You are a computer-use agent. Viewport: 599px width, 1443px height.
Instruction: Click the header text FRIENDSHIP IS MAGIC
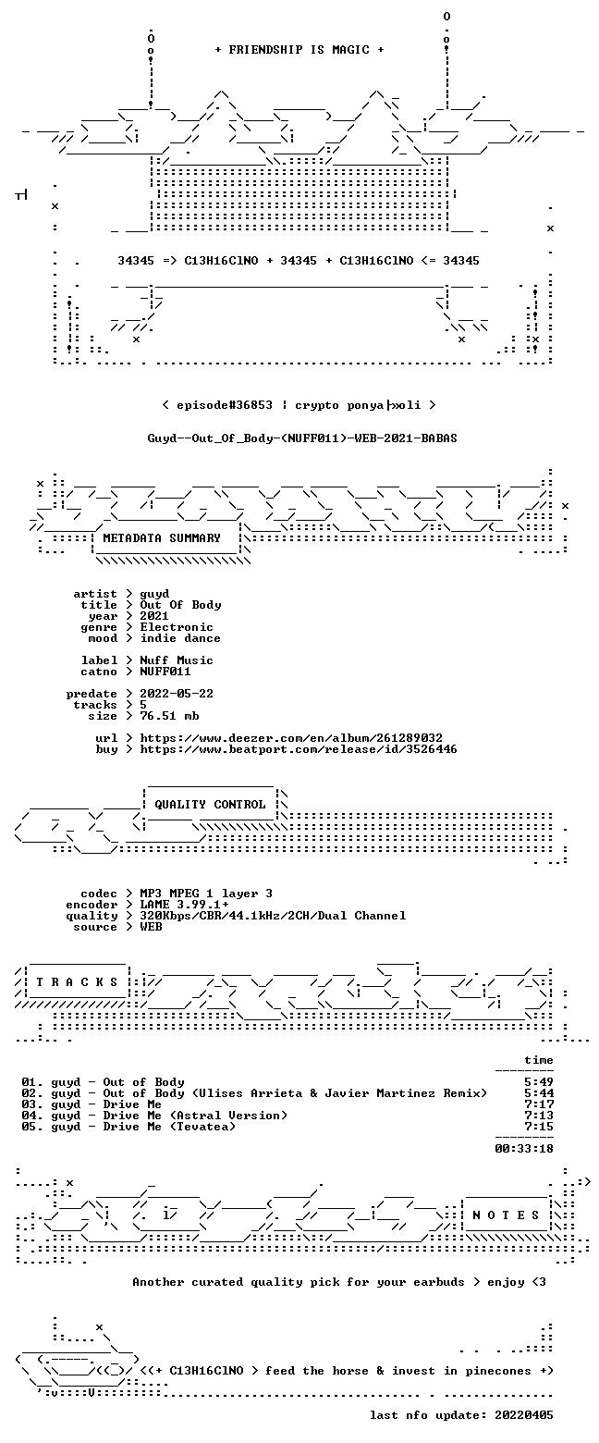[299, 50]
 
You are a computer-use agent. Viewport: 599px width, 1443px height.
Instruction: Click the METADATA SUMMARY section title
[162, 538]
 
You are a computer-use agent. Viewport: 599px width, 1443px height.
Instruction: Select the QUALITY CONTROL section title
[210, 805]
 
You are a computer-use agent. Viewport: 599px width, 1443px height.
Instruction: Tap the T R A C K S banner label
[78, 982]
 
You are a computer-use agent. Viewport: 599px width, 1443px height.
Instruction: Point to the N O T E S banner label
[506, 1215]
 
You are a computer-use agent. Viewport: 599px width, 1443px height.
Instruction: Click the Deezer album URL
[291, 738]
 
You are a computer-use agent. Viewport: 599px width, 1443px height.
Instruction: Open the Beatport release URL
[299, 749]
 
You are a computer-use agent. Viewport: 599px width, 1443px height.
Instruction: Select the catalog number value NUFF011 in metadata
[165, 672]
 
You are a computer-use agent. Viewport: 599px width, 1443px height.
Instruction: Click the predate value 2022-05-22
[177, 694]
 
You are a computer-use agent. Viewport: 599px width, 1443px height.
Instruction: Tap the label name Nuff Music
[177, 660]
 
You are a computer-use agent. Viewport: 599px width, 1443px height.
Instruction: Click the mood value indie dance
[180, 638]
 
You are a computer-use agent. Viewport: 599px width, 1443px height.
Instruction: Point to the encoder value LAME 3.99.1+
[184, 905]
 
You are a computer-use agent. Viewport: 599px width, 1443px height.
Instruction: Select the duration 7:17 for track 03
[539, 1104]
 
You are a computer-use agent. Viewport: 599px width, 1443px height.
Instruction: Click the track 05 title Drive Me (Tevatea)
[169, 1127]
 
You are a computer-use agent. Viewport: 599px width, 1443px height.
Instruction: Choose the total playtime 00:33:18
[524, 1149]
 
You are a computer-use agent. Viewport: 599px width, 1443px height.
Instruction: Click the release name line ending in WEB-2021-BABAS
[302, 438]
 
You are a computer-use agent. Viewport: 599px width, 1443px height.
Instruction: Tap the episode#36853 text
[224, 405]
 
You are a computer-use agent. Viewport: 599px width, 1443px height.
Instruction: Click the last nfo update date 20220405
[524, 1415]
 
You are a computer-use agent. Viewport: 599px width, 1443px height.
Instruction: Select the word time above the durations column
[539, 1060]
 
